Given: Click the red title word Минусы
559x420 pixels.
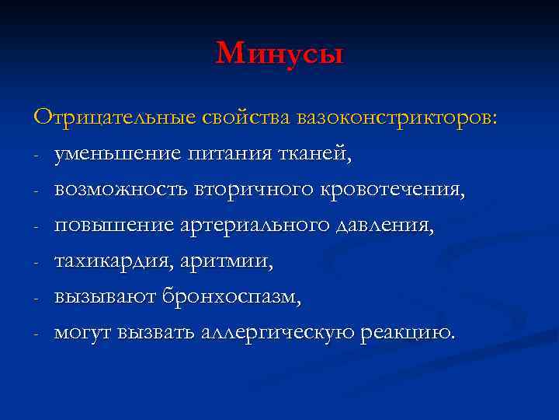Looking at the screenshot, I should point(279,54).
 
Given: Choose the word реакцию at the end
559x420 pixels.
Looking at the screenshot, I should point(409,334).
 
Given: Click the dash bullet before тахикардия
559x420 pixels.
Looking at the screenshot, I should point(36,263).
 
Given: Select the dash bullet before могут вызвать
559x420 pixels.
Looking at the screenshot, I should point(36,334).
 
